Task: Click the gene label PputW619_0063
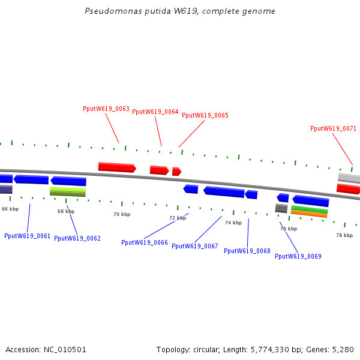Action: (x=106, y=109)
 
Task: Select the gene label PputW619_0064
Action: (x=155, y=112)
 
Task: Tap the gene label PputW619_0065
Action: (x=205, y=115)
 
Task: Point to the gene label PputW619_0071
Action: (x=333, y=128)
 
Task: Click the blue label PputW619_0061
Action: (x=28, y=236)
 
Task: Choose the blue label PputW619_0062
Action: (x=77, y=238)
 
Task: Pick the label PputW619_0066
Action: (x=145, y=242)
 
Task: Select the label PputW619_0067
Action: (x=195, y=246)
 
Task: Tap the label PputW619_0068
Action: (x=247, y=251)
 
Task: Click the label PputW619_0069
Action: (x=298, y=256)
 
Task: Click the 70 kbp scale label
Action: (x=122, y=214)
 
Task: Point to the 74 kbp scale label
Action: (x=233, y=223)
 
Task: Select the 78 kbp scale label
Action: (x=344, y=235)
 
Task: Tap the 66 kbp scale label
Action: (x=10, y=209)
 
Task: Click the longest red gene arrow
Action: (x=117, y=167)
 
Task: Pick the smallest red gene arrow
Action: (x=176, y=172)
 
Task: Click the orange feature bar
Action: (x=309, y=213)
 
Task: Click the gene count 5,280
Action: (x=343, y=349)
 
